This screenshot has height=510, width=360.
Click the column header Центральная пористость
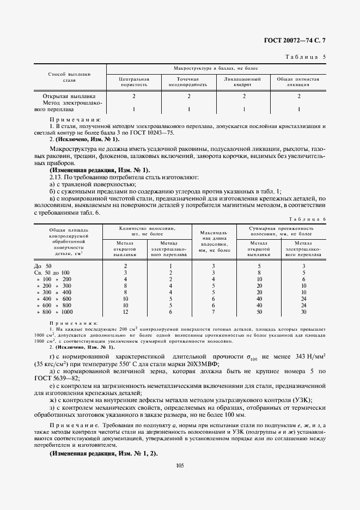134,82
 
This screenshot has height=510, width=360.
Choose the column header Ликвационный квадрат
243,82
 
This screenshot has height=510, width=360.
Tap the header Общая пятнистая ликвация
298,82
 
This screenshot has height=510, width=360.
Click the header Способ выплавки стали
69,76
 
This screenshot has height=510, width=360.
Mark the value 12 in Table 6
125,312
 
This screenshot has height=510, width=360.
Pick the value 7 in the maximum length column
213,312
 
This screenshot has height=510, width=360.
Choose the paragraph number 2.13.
57,178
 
